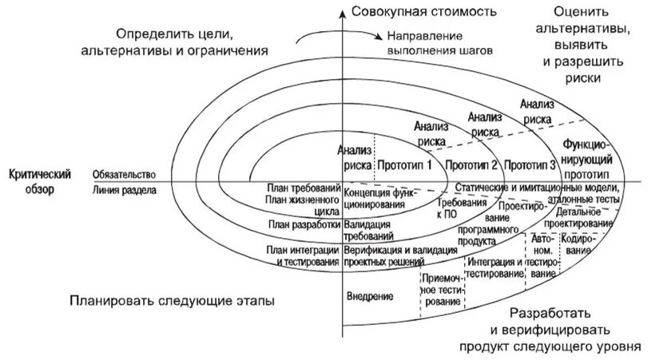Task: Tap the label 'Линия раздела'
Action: (124, 190)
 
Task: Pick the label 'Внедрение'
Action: (370, 297)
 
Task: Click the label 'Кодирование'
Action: (575, 244)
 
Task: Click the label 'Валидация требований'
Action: (368, 231)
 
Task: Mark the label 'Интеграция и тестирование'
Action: (495, 268)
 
